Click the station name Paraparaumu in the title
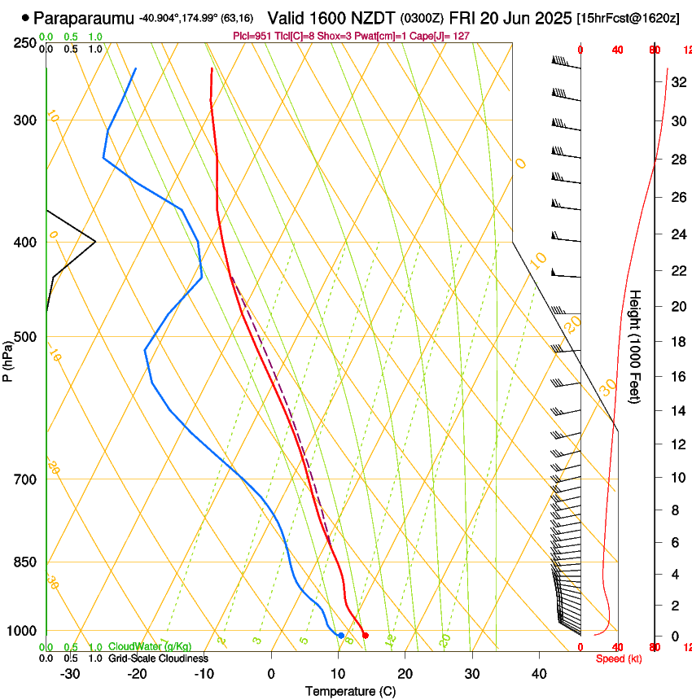85,17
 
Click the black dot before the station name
26,17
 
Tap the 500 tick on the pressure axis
25,337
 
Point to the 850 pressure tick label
25,562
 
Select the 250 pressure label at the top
25,43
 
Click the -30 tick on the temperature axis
70,673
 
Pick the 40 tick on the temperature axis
538,673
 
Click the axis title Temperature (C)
350,691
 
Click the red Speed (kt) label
619,658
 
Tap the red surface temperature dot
365,636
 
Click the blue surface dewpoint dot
341,636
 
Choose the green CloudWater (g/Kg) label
150,647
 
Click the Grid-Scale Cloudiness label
158,658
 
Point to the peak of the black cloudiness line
95,242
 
